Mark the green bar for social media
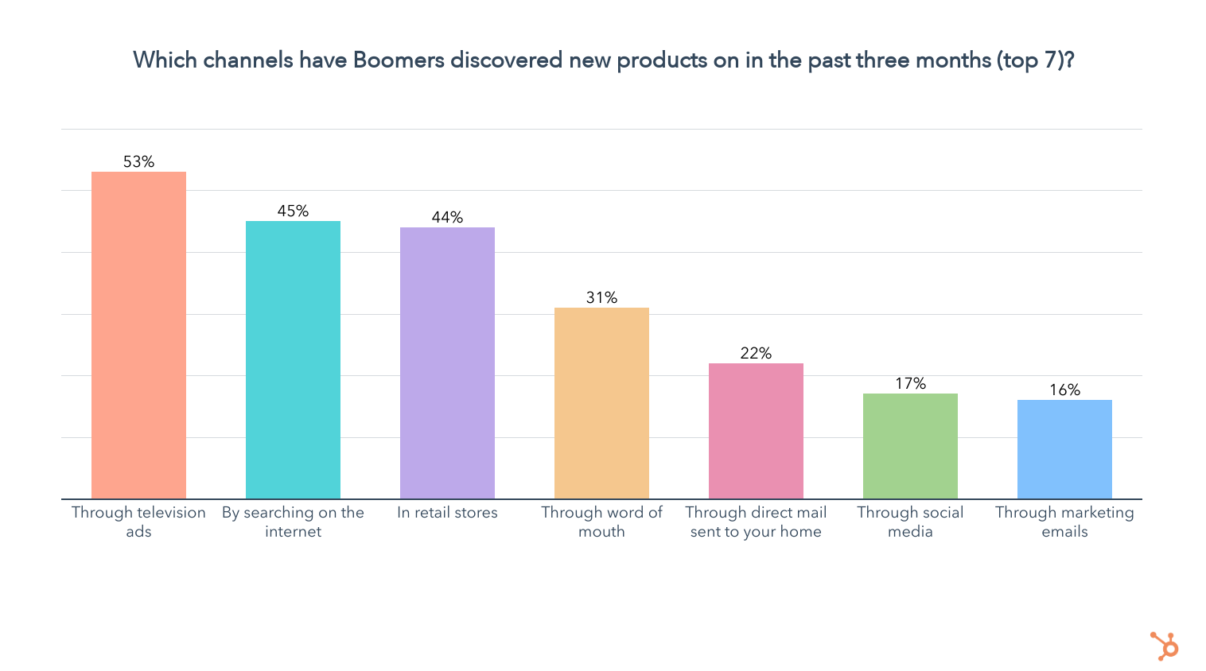[910, 446]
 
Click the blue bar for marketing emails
[1064, 449]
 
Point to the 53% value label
[138, 162]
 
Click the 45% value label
[293, 211]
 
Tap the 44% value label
[447, 218]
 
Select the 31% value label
[601, 298]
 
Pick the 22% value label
[756, 354]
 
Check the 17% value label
[910, 384]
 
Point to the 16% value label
[1064, 390]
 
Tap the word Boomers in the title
[399, 60]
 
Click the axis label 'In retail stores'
[447, 513]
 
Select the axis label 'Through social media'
[910, 522]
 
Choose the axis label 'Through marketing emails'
[1064, 522]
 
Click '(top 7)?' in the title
[1034, 60]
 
